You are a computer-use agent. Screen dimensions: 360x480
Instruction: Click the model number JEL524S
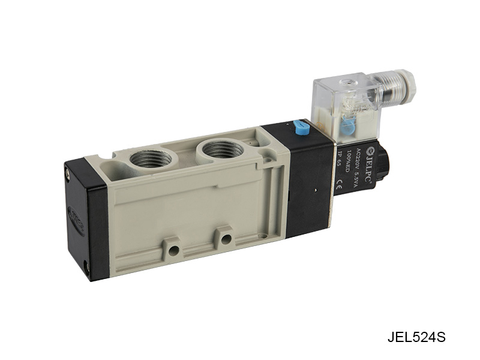[x=416, y=337]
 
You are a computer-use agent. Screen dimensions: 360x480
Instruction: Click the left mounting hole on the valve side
[x=173, y=248]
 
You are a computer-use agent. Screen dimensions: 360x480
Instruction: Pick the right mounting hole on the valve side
[x=226, y=239]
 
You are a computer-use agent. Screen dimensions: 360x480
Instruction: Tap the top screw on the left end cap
[x=68, y=173]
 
